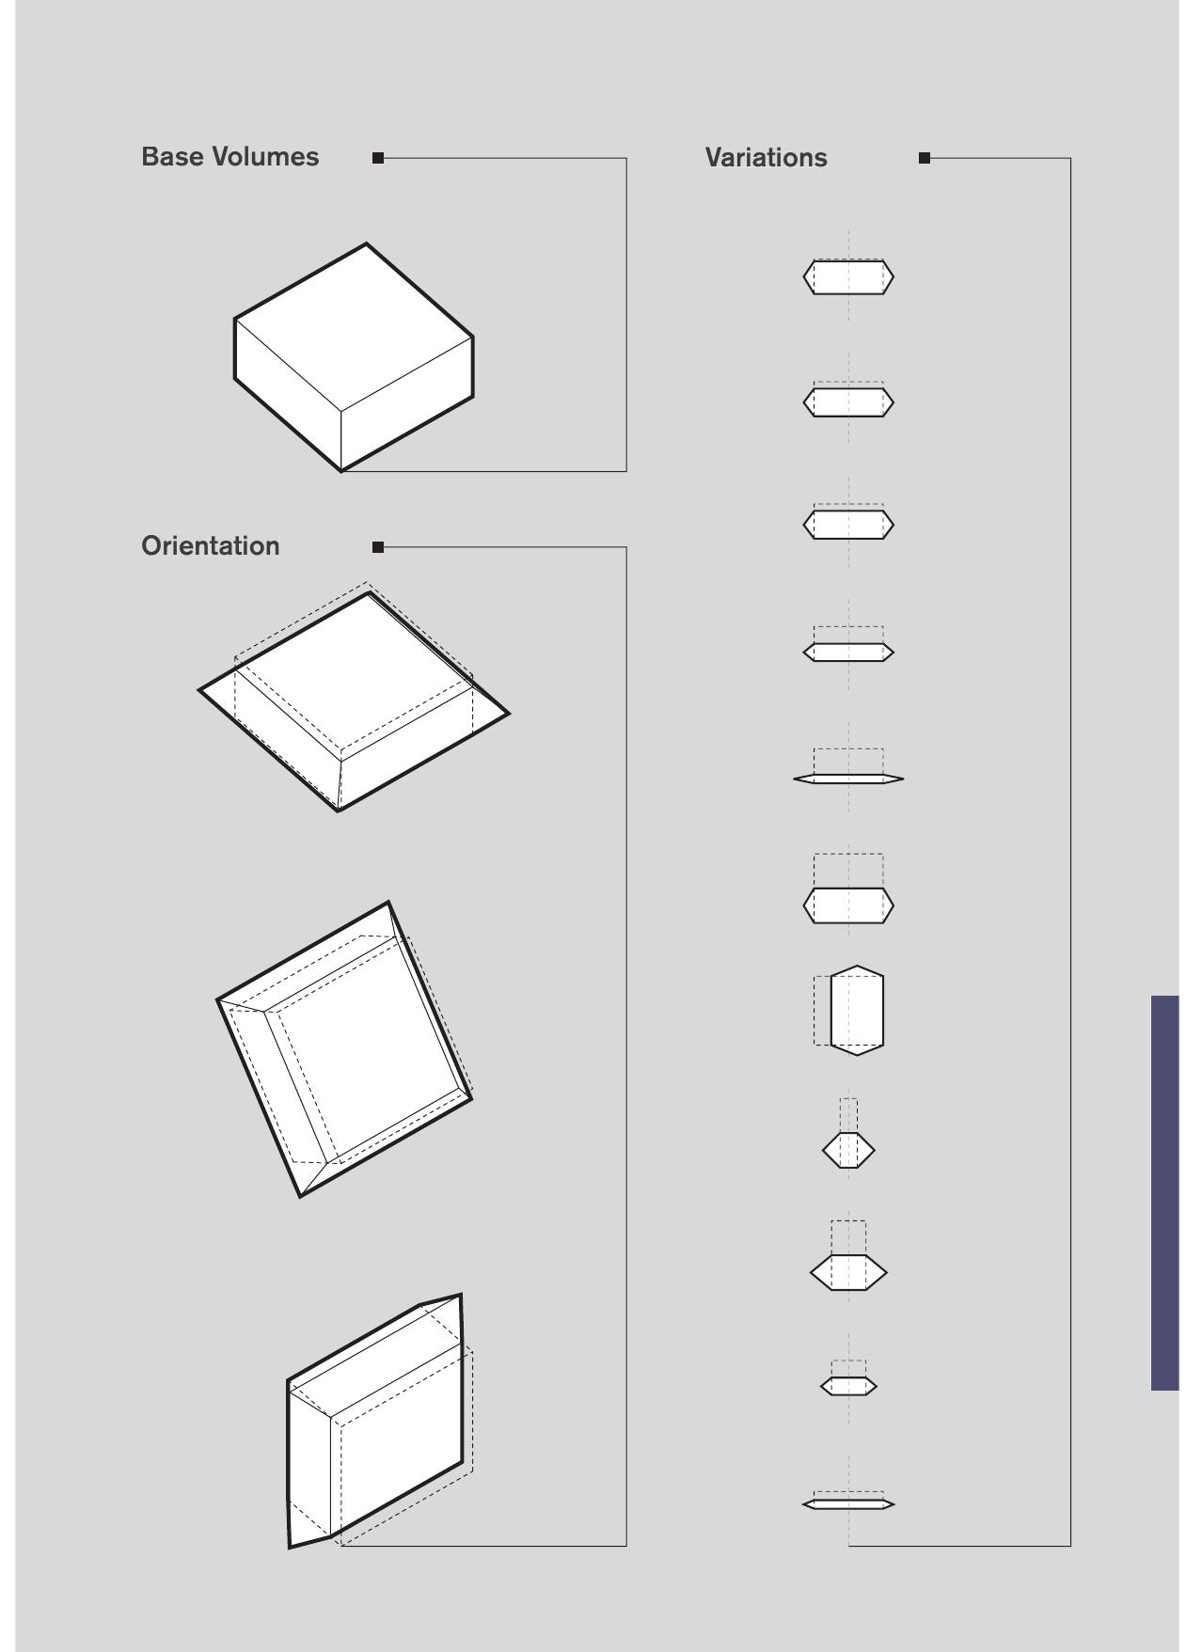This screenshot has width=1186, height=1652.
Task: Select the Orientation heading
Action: [x=211, y=546]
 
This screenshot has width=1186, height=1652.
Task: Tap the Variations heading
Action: [x=766, y=158]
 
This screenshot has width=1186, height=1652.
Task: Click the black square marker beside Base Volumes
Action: [x=378, y=158]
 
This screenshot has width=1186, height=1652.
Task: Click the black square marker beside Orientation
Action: [x=378, y=547]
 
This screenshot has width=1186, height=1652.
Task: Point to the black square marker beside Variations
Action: [x=925, y=158]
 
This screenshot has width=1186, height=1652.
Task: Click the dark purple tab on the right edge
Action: [x=1164, y=1192]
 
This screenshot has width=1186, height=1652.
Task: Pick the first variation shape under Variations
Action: [x=848, y=277]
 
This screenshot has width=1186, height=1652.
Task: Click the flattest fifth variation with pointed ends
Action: [x=848, y=779]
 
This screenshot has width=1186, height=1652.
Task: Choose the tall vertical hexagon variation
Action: [x=857, y=1011]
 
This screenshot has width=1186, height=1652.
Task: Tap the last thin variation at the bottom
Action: [x=848, y=1503]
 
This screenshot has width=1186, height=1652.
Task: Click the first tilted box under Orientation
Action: [x=353, y=700]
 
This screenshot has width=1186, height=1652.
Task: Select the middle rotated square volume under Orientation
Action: [x=345, y=1048]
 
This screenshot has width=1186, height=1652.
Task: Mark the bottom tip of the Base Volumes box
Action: [x=340, y=470]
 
